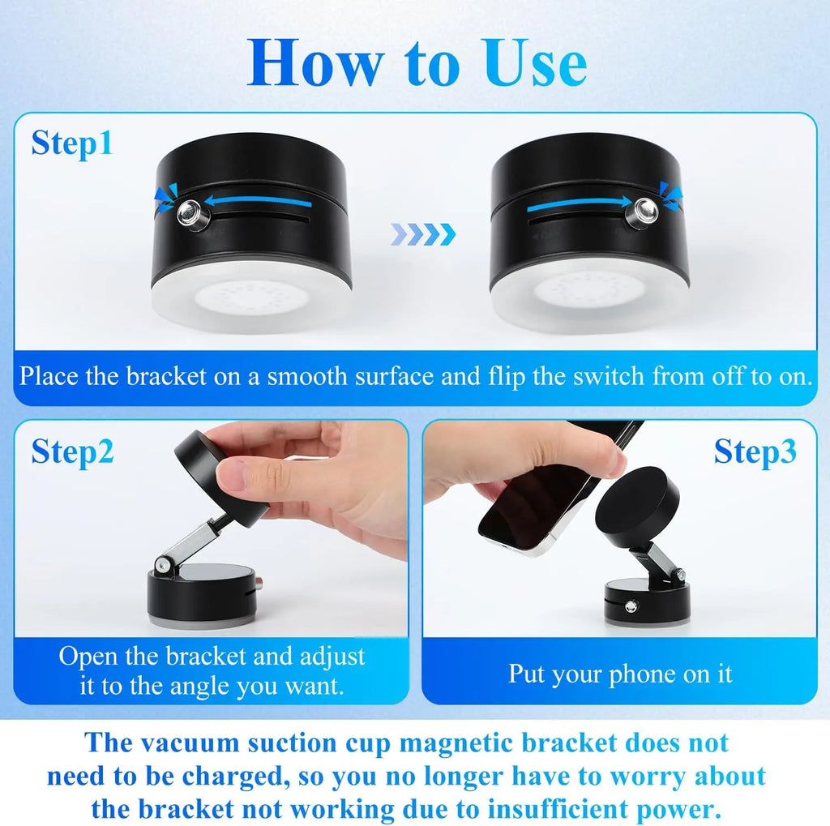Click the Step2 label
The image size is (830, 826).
click(x=72, y=452)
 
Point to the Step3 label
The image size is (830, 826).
click(x=755, y=452)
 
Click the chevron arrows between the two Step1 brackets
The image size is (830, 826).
click(x=423, y=235)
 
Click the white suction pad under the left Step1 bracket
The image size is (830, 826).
click(x=251, y=299)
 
